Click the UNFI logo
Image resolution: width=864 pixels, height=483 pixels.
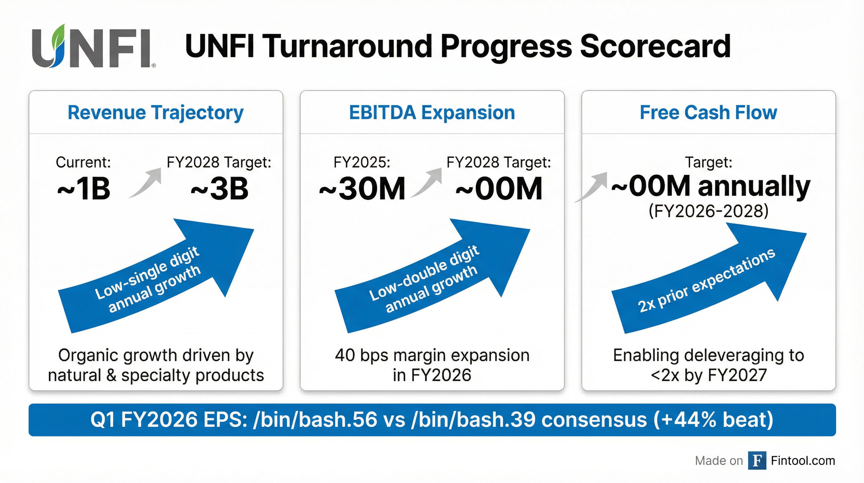94,46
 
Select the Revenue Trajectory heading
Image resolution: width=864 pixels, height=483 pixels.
156,113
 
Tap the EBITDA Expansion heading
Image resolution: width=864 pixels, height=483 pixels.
432,112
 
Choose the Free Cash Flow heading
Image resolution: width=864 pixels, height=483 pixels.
708,112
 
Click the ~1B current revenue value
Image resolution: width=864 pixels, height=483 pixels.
84,188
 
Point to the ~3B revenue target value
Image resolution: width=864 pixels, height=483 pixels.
220,188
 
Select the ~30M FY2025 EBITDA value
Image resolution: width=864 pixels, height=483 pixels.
362,188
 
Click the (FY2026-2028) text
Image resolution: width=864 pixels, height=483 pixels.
709,212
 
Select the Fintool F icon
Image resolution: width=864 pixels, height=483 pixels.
757,460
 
